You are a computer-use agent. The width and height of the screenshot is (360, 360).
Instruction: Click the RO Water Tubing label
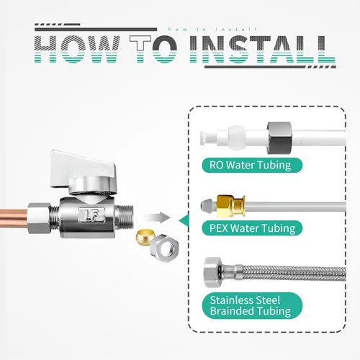tap(252, 165)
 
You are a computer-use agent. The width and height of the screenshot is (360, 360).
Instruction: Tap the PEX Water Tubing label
tap(252, 228)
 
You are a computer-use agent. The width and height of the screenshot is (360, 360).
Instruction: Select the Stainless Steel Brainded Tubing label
tap(252, 305)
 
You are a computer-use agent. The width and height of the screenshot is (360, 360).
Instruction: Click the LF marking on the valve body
tap(91, 215)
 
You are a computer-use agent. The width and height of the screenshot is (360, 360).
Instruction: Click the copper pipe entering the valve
tap(14, 217)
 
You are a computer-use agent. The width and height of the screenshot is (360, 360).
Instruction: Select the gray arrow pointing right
tap(157, 218)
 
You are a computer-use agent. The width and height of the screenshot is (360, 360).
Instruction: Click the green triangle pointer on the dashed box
tap(184, 220)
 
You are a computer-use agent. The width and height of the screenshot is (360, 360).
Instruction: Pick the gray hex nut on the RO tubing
tap(279, 138)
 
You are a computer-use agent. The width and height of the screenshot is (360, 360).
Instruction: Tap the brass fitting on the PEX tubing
tap(230, 206)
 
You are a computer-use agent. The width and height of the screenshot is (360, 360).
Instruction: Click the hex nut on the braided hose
tap(213, 272)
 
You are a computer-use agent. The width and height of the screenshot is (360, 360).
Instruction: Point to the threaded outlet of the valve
tap(124, 217)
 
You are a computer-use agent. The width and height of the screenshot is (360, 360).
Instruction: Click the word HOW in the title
tap(77, 50)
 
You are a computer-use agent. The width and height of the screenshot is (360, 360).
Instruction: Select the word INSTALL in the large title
tap(262, 50)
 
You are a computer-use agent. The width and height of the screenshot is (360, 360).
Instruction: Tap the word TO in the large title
tap(153, 50)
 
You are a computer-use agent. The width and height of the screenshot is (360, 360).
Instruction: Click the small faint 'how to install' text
tap(212, 30)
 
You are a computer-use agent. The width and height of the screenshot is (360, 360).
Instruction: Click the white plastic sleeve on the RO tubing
tap(236, 138)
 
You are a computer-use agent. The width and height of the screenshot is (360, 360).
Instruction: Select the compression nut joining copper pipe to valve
tap(40, 218)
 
